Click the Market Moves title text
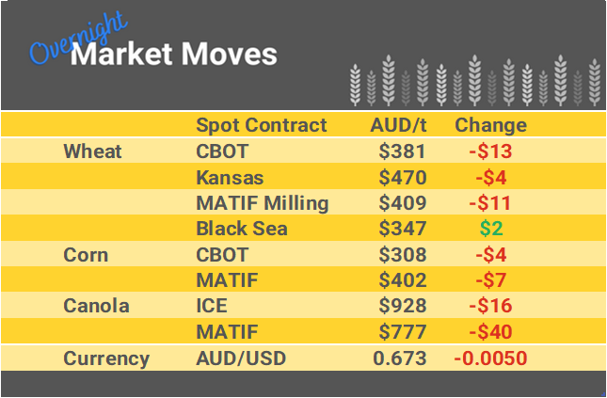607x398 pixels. [174, 54]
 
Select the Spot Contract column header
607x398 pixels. [261, 125]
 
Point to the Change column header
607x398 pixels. [490, 125]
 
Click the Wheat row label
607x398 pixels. [92, 151]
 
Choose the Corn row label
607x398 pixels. [85, 255]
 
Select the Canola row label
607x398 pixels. [96, 306]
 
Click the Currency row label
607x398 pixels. [105, 358]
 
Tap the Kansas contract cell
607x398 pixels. [229, 177]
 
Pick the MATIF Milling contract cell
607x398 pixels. [262, 202]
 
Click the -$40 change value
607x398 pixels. [490, 332]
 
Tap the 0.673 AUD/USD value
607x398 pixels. [399, 358]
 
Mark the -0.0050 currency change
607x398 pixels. [490, 358]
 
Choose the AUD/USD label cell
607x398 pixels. [241, 358]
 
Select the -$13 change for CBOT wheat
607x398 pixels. [490, 151]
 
